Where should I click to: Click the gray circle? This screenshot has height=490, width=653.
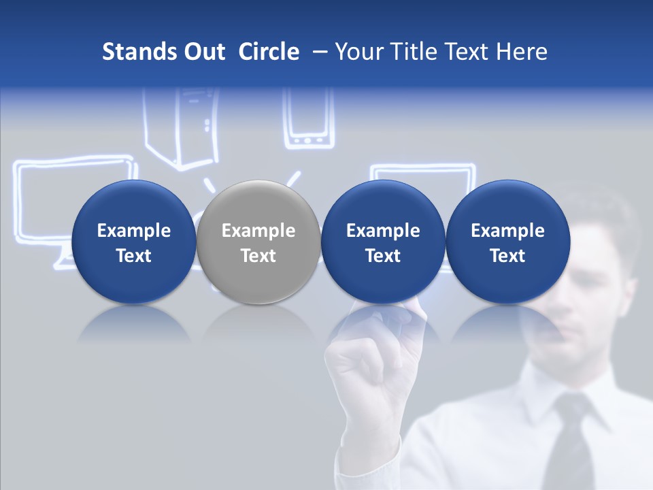pos(258,242)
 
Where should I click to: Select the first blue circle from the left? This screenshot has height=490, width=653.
pos(133,242)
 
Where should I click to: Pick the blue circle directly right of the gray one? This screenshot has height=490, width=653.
pos(383,242)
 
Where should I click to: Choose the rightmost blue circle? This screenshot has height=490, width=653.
pos(507,242)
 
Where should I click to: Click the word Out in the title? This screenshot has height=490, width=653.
pos(202,52)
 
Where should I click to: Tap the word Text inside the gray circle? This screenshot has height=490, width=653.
pos(258,256)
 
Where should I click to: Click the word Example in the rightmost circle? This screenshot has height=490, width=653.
pos(507,231)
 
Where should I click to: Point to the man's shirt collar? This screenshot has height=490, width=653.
pos(544,388)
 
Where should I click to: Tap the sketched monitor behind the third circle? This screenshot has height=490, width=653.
pos(422,174)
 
